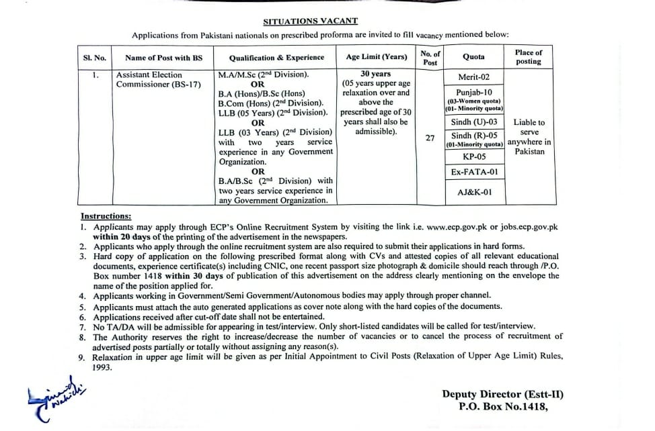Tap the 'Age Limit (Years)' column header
pyautogui.click(x=376, y=58)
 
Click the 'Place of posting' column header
pyautogui.click(x=528, y=57)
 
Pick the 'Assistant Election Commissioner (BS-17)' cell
pyautogui.click(x=149, y=79)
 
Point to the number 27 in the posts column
pyautogui.click(x=430, y=137)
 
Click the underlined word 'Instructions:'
pyautogui.click(x=106, y=216)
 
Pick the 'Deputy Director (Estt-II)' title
pyautogui.click(x=502, y=394)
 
